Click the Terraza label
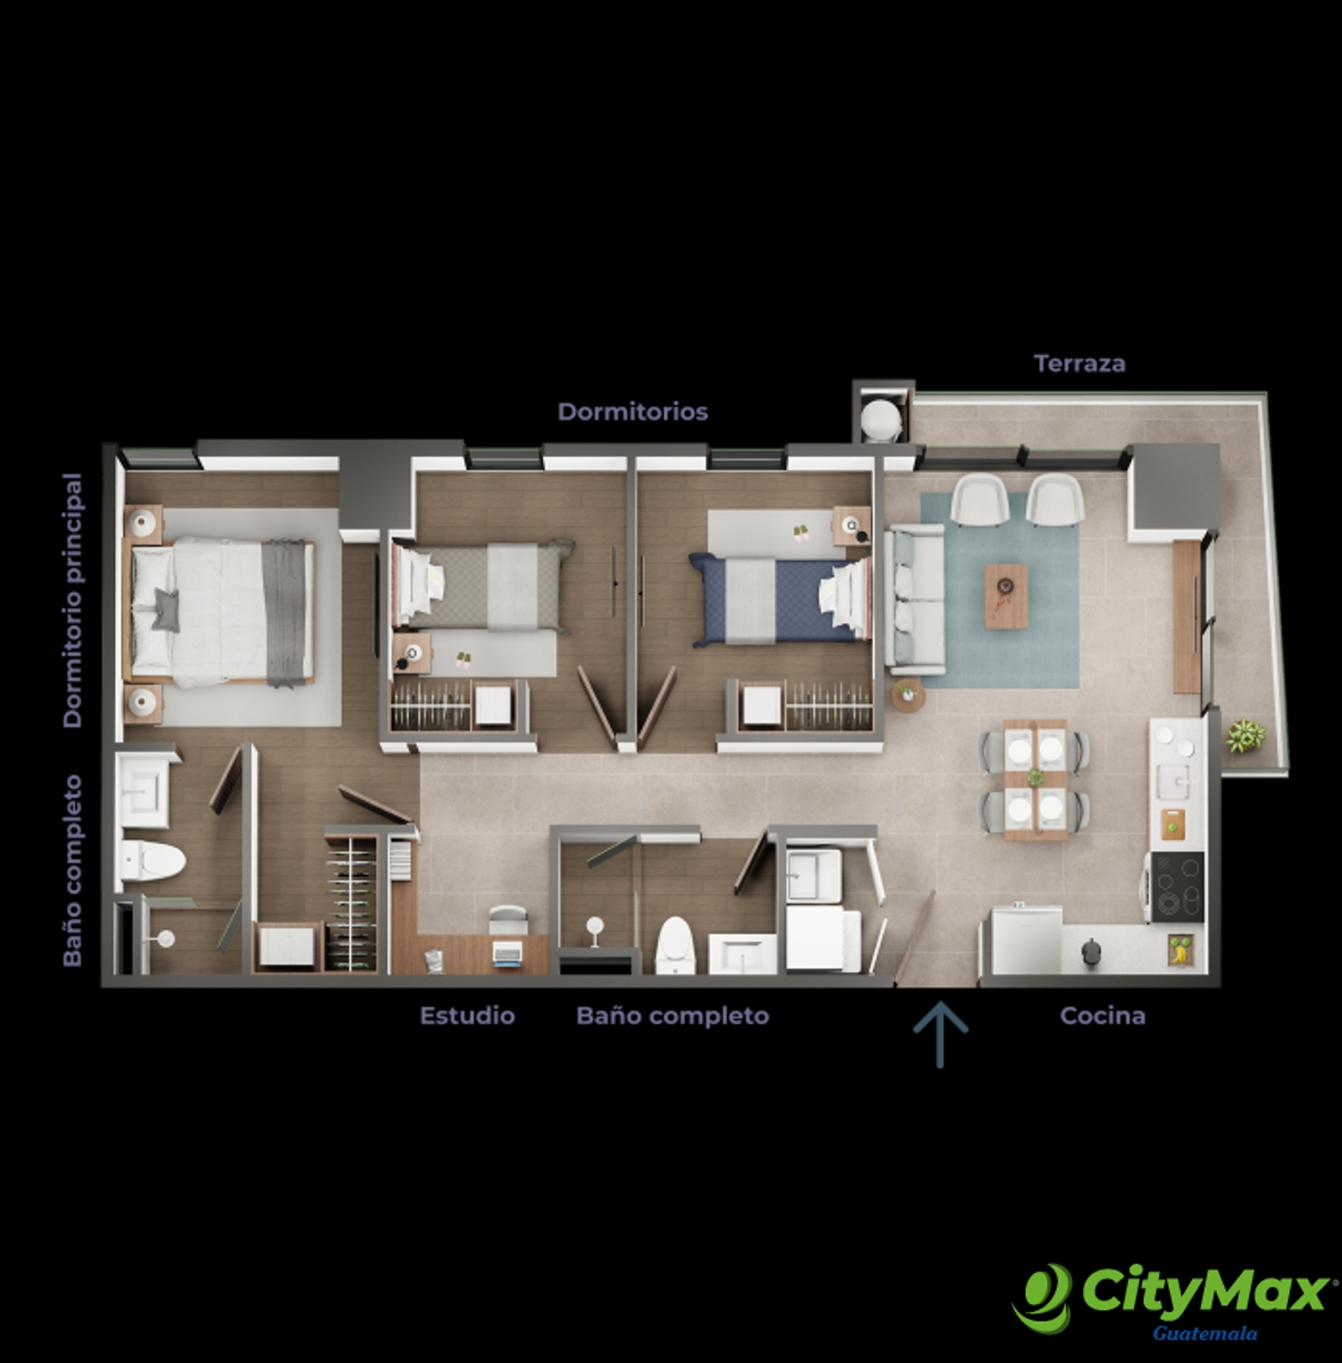pyautogui.click(x=1079, y=363)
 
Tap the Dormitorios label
pyautogui.click(x=632, y=412)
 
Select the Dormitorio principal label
pyautogui.click(x=73, y=600)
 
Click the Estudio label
pyautogui.click(x=467, y=1016)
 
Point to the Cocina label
pyautogui.click(x=1102, y=1016)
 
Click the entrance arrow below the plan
pyautogui.click(x=939, y=1034)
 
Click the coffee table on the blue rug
pyautogui.click(x=1006, y=596)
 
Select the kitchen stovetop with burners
pyautogui.click(x=1177, y=887)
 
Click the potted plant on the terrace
pyautogui.click(x=1245, y=736)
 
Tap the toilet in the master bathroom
pyautogui.click(x=152, y=861)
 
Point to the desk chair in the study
pyautogui.click(x=507, y=919)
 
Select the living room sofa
pyautogui.click(x=916, y=598)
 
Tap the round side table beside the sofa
pyautogui.click(x=908, y=695)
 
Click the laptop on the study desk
pyautogui.click(x=507, y=954)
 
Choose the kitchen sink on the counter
pyautogui.click(x=1173, y=783)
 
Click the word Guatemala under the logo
pyautogui.click(x=1204, y=1333)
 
